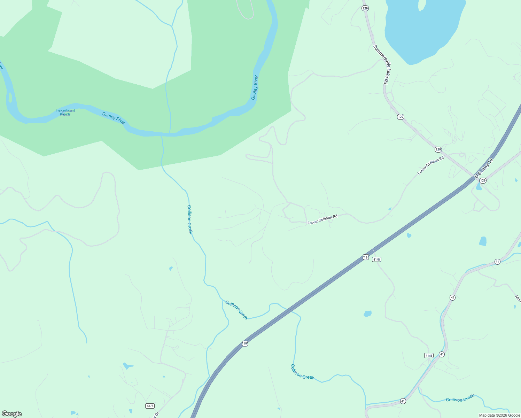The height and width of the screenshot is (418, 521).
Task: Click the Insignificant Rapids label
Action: coord(65,113)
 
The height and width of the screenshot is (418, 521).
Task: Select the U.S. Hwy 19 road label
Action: coord(484,168)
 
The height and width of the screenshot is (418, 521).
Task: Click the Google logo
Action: coord(12,414)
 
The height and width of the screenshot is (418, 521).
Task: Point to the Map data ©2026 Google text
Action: coord(499,415)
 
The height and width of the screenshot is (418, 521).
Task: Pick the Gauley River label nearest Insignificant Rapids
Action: coord(114,118)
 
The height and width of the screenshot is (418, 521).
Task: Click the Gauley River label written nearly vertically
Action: coord(255,87)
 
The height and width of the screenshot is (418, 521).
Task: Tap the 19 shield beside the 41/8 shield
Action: coord(365,257)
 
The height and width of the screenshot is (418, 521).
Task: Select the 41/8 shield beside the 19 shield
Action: coord(376,260)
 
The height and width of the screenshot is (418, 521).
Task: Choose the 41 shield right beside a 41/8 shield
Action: coord(442,354)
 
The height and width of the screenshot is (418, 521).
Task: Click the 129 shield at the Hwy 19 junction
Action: coord(482,180)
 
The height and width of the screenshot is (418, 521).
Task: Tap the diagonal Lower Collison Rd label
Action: coord(431,165)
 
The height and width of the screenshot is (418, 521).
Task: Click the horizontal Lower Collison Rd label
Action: coord(322,219)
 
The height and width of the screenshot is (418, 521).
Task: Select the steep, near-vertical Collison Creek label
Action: coord(190,219)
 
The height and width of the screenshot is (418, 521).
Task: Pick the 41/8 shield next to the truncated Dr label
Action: coord(150,406)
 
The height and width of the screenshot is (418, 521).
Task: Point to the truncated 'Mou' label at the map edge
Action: coord(518,299)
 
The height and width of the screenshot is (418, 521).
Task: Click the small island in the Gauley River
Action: coord(10,97)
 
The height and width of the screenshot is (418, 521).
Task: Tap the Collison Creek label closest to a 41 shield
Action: coord(460,398)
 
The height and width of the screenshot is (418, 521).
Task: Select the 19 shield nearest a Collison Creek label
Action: coord(245,343)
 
